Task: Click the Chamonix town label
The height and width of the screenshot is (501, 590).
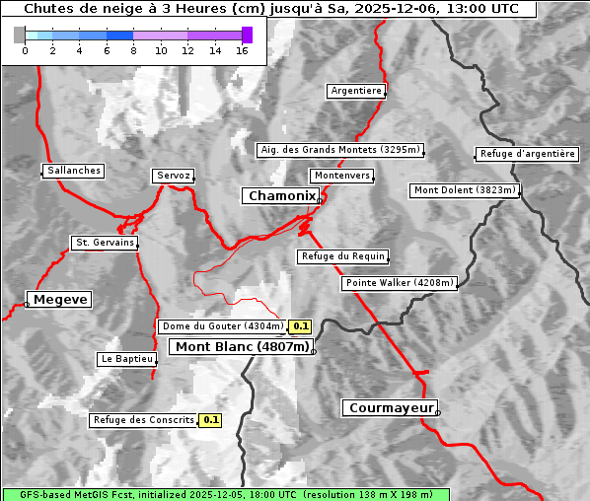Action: [281, 196]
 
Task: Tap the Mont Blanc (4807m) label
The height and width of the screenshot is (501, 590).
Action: [243, 346]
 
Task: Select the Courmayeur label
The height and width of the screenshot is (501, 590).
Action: [391, 407]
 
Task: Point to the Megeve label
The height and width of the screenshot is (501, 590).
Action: [60, 299]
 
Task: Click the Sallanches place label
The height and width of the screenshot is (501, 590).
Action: [74, 171]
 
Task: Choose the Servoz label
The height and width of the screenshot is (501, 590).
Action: [174, 176]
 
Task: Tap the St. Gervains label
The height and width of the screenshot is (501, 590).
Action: [105, 243]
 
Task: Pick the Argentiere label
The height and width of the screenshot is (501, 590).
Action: [356, 91]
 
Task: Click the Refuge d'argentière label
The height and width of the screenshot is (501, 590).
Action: [527, 154]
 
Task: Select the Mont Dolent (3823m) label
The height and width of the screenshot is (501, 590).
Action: [465, 190]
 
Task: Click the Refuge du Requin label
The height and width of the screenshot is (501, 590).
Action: [342, 256]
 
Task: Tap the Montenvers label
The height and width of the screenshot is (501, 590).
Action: [342, 176]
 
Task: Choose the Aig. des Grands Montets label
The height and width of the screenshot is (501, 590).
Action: [339, 150]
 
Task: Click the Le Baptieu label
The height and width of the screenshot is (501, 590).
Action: [127, 359]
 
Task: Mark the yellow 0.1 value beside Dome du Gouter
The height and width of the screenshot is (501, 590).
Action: [301, 326]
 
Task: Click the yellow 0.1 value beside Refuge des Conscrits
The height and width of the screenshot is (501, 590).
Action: [210, 420]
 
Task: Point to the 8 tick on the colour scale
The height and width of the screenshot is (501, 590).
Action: [133, 50]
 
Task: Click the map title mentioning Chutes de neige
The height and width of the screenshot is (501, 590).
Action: [270, 9]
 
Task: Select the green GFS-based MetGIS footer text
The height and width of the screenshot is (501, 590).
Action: [225, 494]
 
